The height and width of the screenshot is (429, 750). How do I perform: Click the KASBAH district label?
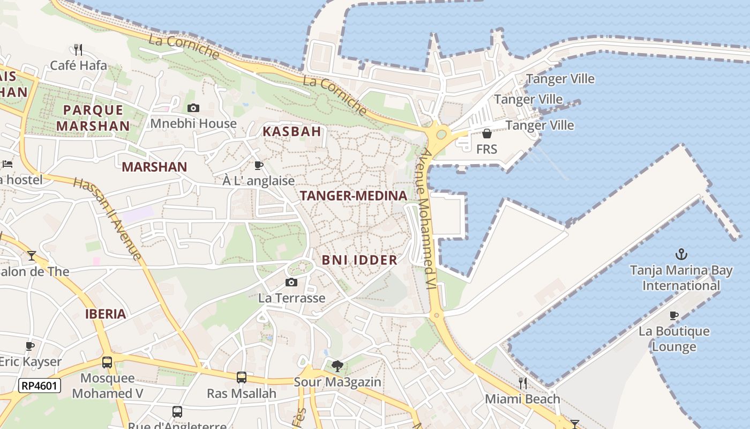[292, 131]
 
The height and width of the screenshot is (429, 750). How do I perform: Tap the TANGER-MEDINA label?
[354, 196]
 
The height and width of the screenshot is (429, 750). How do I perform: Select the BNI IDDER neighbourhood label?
[359, 260]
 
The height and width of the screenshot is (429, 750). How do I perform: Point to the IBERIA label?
[106, 314]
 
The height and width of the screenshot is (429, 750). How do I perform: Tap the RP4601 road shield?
[40, 385]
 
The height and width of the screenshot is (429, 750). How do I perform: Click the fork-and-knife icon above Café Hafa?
[78, 50]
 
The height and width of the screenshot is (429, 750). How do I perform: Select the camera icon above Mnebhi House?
[193, 108]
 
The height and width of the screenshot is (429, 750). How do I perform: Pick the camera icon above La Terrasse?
[291, 283]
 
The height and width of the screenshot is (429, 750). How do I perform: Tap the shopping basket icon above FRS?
[486, 134]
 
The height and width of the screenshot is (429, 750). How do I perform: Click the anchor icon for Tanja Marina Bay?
[681, 254]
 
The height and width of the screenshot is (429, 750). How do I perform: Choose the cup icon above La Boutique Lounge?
[674, 315]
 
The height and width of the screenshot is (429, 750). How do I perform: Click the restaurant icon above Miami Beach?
[522, 383]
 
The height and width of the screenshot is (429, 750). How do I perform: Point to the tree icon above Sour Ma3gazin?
[337, 366]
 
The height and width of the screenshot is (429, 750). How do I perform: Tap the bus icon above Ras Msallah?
[242, 378]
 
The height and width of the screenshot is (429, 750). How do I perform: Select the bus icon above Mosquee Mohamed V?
[107, 363]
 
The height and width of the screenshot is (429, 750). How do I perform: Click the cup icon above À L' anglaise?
[259, 165]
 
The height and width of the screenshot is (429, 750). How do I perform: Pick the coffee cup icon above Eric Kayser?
[30, 346]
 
